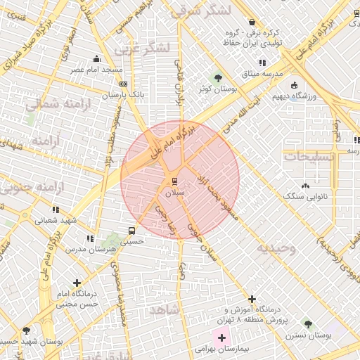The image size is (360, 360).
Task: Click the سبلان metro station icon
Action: click(174, 177)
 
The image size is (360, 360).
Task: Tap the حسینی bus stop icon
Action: click(131, 230)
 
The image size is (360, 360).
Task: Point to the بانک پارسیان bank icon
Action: click(124, 84)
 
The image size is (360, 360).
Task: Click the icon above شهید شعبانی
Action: click(55, 209)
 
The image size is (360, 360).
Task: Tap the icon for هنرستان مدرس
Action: click(89, 238)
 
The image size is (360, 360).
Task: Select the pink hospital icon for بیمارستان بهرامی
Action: click(221, 338)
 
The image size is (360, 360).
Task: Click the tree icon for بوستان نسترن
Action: click(307, 323)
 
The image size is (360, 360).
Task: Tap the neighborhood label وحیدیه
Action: click(276, 248)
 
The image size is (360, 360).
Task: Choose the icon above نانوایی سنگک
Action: click(305, 186)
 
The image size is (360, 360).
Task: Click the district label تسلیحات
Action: click(307, 156)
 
